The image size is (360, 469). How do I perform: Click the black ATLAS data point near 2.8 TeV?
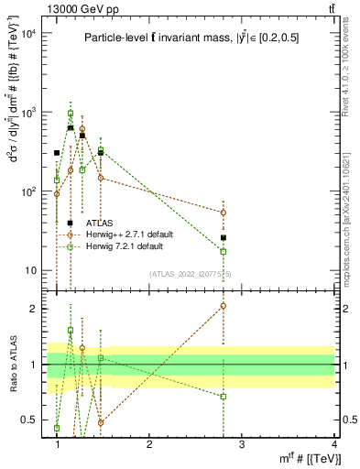(224, 238)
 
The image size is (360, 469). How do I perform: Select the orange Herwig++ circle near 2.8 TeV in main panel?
(224, 213)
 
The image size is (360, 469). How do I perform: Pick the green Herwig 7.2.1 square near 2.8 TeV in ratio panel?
(224, 397)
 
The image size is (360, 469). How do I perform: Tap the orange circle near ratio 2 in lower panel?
(224, 306)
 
